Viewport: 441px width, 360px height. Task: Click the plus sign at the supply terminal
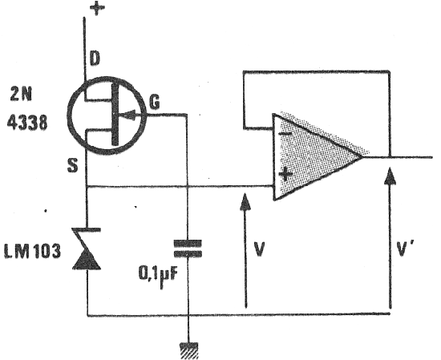pos(97,8)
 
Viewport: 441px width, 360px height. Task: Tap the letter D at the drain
pos(95,59)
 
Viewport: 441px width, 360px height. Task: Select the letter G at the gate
pos(155,102)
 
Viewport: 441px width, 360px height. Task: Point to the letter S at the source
pos(72,165)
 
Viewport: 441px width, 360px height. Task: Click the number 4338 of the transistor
pos(27,123)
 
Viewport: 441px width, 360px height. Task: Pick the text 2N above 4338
pos(21,95)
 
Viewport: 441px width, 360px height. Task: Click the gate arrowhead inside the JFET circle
pos(128,115)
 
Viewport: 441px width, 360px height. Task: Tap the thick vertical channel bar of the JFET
pos(115,115)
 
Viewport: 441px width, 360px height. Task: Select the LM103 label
pos(32,251)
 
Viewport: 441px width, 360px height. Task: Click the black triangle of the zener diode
pos(87,260)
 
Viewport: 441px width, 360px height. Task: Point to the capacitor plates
pos(188,249)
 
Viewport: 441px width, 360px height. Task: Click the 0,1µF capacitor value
pos(159,275)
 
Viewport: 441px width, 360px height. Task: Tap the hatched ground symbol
pos(189,350)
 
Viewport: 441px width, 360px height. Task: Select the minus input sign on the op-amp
pos(285,134)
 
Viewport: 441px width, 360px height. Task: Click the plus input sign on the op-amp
pos(285,174)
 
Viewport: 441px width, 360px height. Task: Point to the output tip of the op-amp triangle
pos(362,156)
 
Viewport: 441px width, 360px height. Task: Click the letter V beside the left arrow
pos(259,249)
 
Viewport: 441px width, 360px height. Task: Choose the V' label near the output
pos(404,249)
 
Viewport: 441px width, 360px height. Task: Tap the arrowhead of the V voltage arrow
pos(245,202)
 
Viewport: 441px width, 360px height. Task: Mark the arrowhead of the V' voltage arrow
pos(390,176)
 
